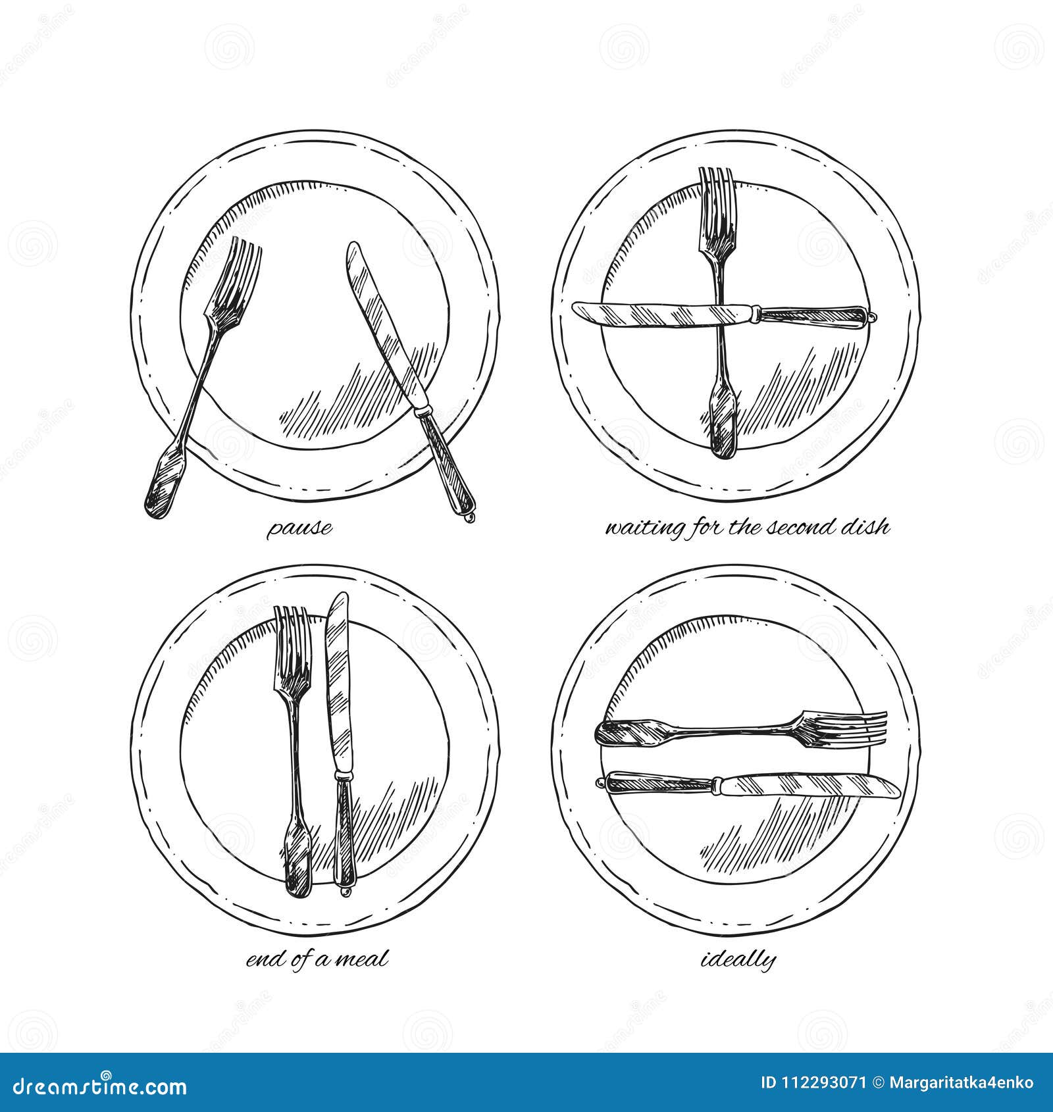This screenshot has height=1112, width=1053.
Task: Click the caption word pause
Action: pos(299,528)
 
